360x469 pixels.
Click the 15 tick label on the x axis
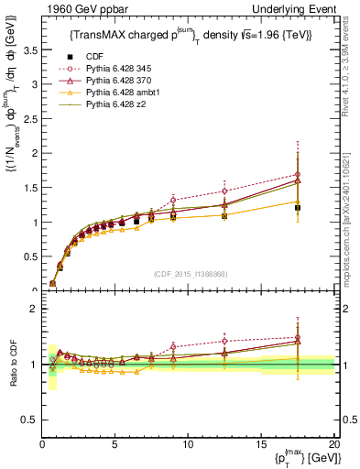click(261, 445)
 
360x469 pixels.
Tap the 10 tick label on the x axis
click(188, 445)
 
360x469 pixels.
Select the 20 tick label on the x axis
click(333, 445)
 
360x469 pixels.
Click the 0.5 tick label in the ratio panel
click(30, 420)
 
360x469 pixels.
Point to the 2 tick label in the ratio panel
click(35, 310)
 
